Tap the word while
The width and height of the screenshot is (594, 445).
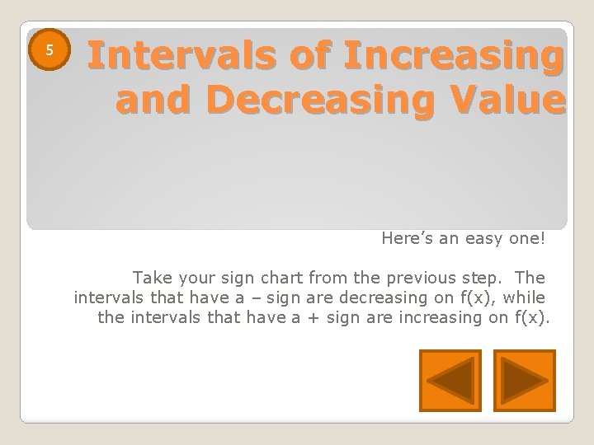[526, 297]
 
